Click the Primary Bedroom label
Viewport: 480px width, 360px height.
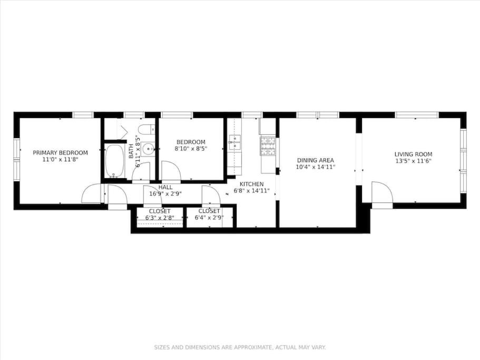[x=60, y=153]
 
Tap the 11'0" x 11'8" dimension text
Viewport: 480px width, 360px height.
[x=60, y=160]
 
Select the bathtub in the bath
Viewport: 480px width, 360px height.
[x=115, y=161]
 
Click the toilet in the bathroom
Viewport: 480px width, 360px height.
[x=147, y=130]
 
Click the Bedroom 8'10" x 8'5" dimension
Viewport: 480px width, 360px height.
[x=191, y=149]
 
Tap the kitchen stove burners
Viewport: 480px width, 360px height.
[x=268, y=146]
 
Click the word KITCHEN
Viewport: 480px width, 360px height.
[x=252, y=184]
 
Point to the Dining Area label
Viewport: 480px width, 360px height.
[x=316, y=160]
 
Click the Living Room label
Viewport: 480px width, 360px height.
[x=413, y=154]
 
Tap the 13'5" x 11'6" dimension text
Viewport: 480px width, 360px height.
[x=413, y=161]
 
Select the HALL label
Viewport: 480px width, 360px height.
[x=165, y=187]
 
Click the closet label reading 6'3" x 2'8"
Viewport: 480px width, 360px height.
[x=160, y=218]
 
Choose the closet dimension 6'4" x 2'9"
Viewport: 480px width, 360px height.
[x=209, y=218]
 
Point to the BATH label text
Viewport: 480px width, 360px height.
[x=131, y=151]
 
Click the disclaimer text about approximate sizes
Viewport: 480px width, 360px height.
[x=240, y=347]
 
